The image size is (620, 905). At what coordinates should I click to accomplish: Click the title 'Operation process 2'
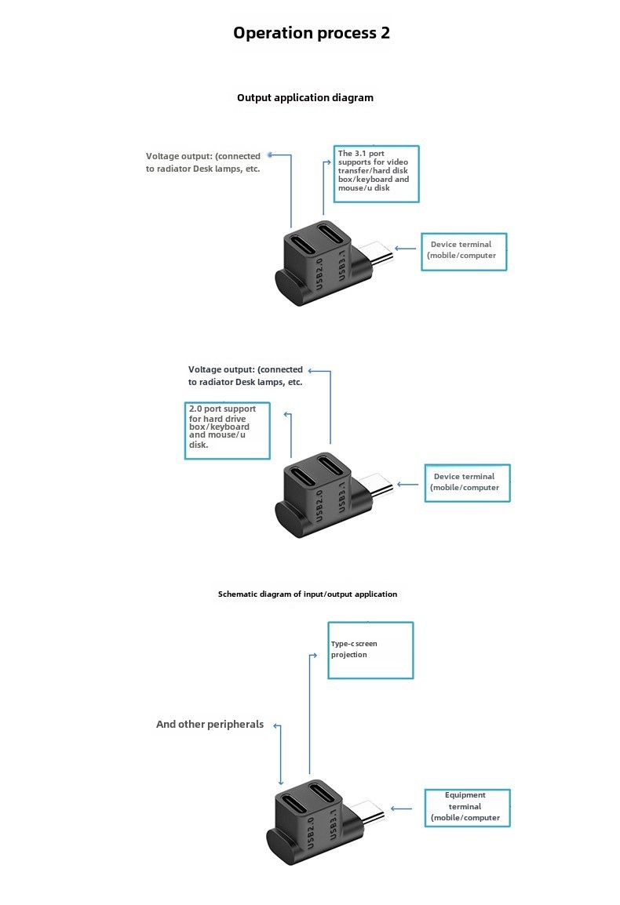(x=312, y=33)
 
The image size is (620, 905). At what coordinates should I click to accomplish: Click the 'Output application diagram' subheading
(x=305, y=97)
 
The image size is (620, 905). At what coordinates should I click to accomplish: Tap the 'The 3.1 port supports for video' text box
(x=376, y=174)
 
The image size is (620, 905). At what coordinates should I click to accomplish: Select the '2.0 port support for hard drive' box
(x=227, y=431)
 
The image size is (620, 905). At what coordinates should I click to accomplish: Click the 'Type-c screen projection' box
(x=370, y=650)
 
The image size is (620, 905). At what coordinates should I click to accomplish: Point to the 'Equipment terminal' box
(x=468, y=808)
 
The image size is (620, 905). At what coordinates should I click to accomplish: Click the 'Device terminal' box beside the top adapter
(x=464, y=252)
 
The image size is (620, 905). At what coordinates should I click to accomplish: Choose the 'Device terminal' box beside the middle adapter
(x=468, y=483)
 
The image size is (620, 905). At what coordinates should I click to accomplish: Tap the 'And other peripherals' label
(x=210, y=725)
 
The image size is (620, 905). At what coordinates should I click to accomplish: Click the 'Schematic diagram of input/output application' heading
(x=308, y=594)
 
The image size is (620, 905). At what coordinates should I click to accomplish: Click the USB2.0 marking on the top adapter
(x=319, y=274)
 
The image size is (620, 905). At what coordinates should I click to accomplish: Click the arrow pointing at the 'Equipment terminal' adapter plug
(x=401, y=809)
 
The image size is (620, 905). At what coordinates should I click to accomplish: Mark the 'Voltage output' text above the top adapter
(x=202, y=162)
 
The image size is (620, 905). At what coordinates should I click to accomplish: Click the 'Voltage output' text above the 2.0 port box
(x=245, y=376)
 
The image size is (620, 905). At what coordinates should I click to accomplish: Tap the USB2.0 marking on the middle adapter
(x=319, y=506)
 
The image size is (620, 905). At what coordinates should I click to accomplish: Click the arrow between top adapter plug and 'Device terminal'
(x=405, y=249)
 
